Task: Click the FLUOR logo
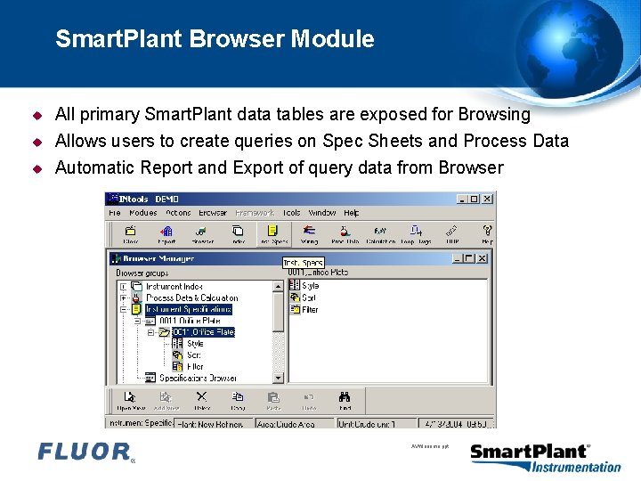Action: pyautogui.click(x=85, y=452)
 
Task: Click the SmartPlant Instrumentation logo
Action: pyautogui.click(x=545, y=457)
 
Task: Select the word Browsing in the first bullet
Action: pyautogui.click(x=494, y=114)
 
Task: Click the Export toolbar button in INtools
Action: pyautogui.click(x=166, y=234)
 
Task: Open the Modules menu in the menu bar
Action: pyautogui.click(x=142, y=213)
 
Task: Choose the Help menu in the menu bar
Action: pyautogui.click(x=351, y=213)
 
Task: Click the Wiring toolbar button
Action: pyautogui.click(x=309, y=234)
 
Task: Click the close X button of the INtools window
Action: pyautogui.click(x=487, y=199)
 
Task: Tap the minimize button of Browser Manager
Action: pyautogui.click(x=456, y=258)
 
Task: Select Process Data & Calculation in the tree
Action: pyautogui.click(x=191, y=298)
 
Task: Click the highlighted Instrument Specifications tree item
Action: pyautogui.click(x=188, y=309)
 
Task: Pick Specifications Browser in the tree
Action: pyautogui.click(x=198, y=378)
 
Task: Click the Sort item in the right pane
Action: pyautogui.click(x=309, y=298)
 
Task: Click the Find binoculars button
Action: pyautogui.click(x=345, y=401)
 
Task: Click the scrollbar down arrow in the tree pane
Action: pyautogui.click(x=278, y=378)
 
